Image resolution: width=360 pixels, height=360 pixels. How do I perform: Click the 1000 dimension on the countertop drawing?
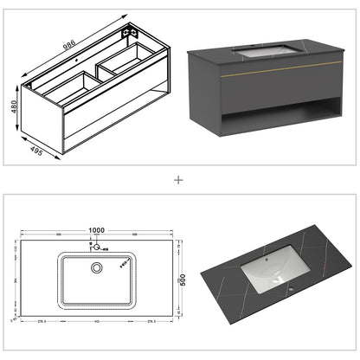point(97,229)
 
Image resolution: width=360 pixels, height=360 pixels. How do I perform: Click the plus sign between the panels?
point(179,181)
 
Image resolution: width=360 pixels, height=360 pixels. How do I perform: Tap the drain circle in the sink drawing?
point(98,267)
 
